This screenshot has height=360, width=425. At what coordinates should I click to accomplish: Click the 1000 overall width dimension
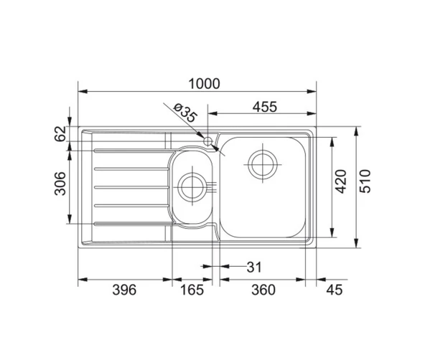coord(204,84)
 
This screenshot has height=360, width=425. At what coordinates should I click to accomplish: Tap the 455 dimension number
coord(265,107)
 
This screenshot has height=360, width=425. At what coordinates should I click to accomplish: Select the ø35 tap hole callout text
coord(185,113)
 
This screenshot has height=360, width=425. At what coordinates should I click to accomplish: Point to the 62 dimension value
coord(60,133)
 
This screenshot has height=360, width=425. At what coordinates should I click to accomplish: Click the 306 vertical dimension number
coord(60,184)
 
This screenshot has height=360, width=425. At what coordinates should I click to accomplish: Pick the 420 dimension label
coord(341,181)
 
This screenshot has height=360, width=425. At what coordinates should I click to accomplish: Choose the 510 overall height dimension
coord(365,181)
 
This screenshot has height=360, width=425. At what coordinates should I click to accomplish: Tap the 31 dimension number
coord(254,267)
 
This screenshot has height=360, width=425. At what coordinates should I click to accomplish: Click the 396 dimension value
coord(124,290)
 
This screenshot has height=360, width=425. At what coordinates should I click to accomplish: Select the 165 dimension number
coord(192,290)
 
